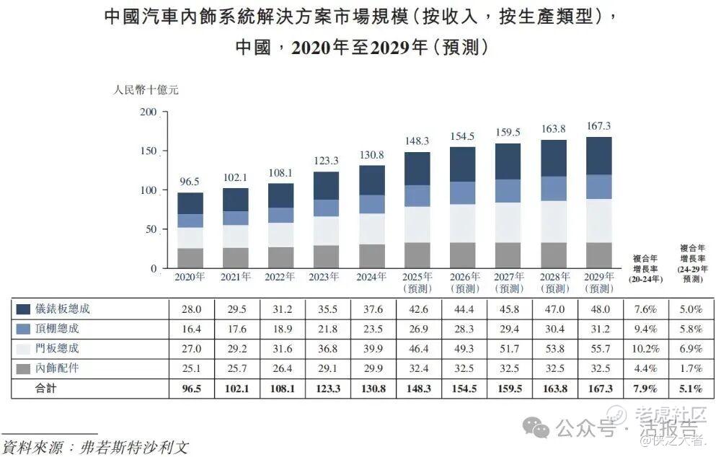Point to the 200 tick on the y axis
pos(148,112)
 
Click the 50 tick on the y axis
pos(151,229)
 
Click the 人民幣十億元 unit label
pos(145,91)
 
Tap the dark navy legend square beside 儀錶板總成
pos(22,309)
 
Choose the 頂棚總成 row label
pos(63,329)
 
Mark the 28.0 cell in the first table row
pos(190,309)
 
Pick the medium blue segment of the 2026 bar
pos(462,192)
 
